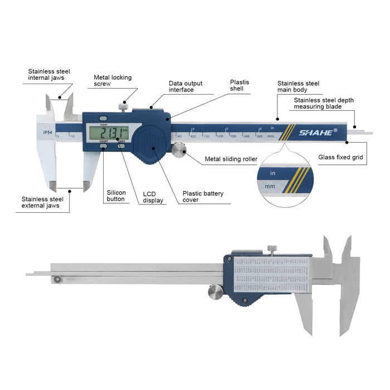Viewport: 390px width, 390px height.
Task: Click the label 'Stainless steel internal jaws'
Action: tap(50, 75)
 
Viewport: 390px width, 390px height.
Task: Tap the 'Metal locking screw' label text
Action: tap(113, 80)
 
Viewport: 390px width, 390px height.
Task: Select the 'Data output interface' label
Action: tap(186, 86)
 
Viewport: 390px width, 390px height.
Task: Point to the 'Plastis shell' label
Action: tap(240, 85)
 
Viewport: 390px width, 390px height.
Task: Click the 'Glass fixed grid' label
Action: tap(340, 157)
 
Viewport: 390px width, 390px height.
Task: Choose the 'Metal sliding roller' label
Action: tap(231, 159)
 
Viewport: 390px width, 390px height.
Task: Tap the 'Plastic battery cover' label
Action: tap(203, 197)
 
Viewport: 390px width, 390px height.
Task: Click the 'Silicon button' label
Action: tap(116, 196)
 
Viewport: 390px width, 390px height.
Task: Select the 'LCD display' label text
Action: tap(153, 197)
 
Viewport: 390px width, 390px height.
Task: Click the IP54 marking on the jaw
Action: tap(47, 131)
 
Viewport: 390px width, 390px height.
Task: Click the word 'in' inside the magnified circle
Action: tap(273, 174)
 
